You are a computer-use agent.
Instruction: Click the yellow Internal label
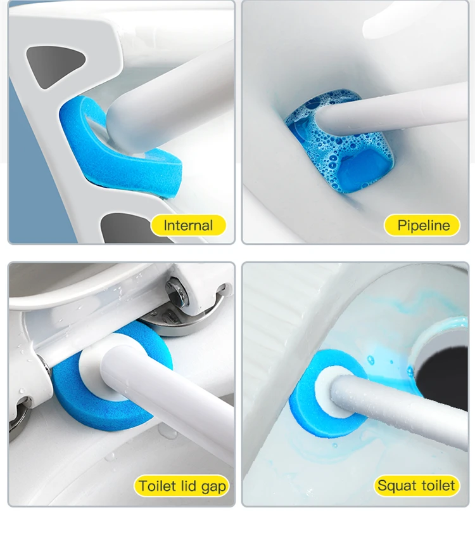coord(188,225)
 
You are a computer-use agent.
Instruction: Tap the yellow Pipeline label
coord(422,225)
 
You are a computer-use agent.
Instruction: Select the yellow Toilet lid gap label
coord(182,485)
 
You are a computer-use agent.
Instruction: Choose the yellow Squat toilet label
coord(417,485)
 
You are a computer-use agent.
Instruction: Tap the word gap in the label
coord(213,487)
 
